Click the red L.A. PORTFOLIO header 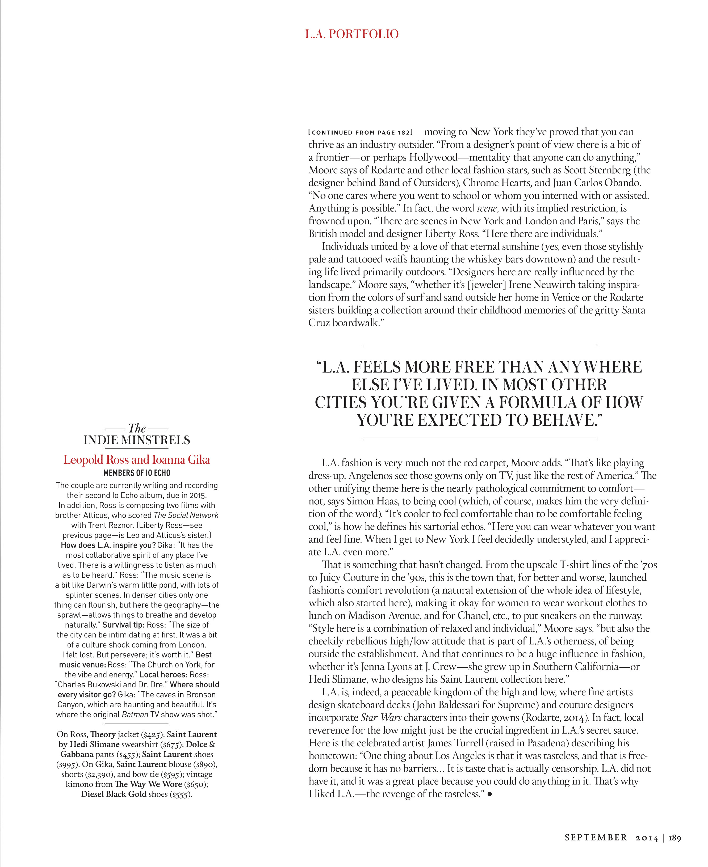click(351, 34)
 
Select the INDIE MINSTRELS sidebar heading click(137, 440)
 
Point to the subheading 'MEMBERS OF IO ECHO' click(137, 473)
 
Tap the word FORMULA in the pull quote click(538, 403)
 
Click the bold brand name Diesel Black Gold click(113, 794)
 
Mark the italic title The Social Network click(186, 515)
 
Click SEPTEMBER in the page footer click(596, 838)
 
